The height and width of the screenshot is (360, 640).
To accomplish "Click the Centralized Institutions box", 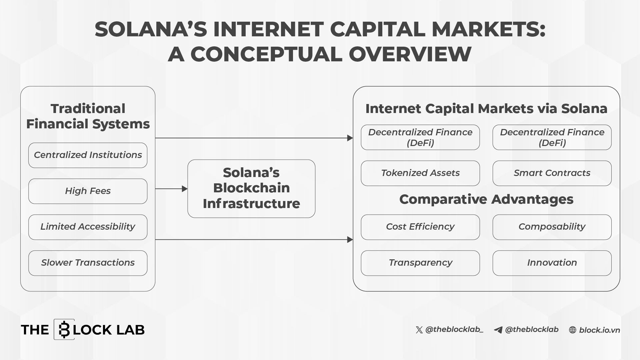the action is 88,155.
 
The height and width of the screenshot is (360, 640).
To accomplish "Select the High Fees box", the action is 88,191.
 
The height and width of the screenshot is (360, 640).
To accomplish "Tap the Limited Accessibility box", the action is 88,227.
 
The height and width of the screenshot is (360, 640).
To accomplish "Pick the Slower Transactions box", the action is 88,263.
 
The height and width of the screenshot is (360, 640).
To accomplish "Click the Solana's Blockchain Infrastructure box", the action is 251,189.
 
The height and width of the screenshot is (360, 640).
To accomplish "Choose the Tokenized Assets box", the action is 420,173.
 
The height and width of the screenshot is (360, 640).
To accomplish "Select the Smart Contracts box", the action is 552,173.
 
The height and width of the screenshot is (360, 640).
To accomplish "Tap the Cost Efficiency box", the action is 420,227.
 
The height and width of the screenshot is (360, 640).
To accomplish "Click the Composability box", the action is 552,227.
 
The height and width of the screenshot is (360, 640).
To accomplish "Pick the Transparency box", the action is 420,263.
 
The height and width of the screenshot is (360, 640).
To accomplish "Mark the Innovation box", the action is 552,263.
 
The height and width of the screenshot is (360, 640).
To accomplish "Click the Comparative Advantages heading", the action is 486,199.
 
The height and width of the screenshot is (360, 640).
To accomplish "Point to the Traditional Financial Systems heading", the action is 88,116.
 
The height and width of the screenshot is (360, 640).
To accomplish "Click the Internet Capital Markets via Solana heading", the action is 486,109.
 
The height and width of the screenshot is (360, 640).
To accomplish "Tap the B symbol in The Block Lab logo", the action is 64,330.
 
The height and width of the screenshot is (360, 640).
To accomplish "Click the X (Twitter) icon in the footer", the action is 419,330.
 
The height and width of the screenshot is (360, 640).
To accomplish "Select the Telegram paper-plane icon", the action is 498,330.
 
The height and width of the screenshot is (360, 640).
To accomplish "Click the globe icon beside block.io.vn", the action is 573,330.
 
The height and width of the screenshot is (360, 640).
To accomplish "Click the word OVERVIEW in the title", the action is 410,54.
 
